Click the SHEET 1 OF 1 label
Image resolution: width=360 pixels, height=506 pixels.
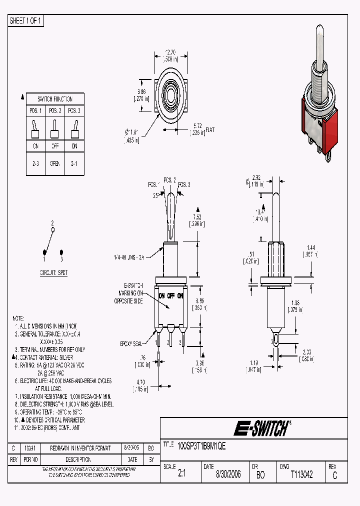coord(26,21)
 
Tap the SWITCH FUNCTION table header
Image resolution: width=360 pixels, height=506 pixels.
coord(55,99)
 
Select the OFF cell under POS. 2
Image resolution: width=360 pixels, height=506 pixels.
coord(55,146)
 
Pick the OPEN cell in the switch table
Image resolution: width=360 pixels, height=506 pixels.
coord(55,163)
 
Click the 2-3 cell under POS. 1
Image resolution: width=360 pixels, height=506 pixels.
coord(36,163)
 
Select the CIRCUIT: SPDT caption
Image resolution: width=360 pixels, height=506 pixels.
coord(54,273)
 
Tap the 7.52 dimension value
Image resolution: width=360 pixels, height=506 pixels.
coord(197,217)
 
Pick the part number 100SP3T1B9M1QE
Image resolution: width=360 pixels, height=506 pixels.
coord(201,446)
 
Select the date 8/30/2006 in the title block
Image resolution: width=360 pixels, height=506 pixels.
coord(228,474)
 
